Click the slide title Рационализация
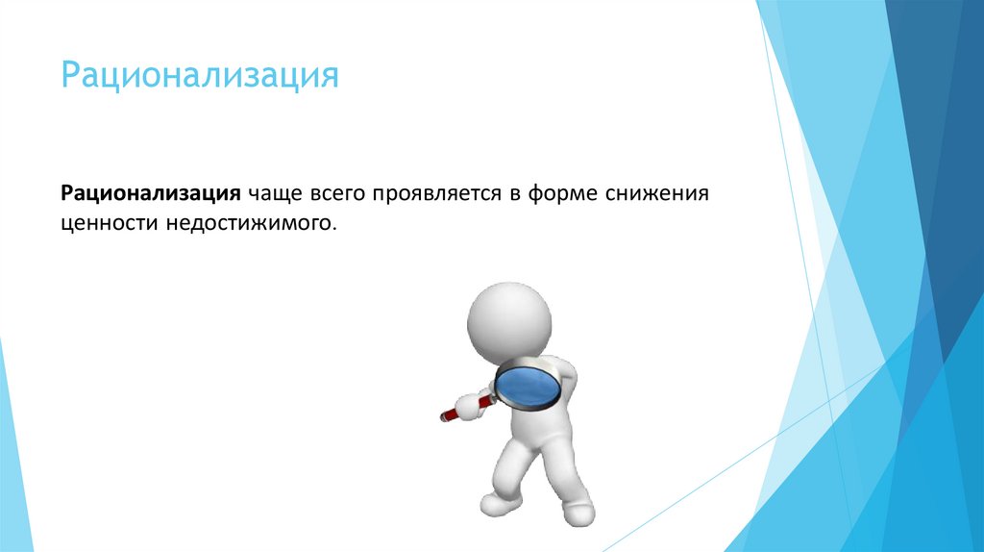(200, 75)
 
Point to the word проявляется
(438, 194)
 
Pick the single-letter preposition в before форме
(516, 194)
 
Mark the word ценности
(104, 223)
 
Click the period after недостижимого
(336, 229)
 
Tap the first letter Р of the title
(69, 75)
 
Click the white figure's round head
(509, 321)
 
